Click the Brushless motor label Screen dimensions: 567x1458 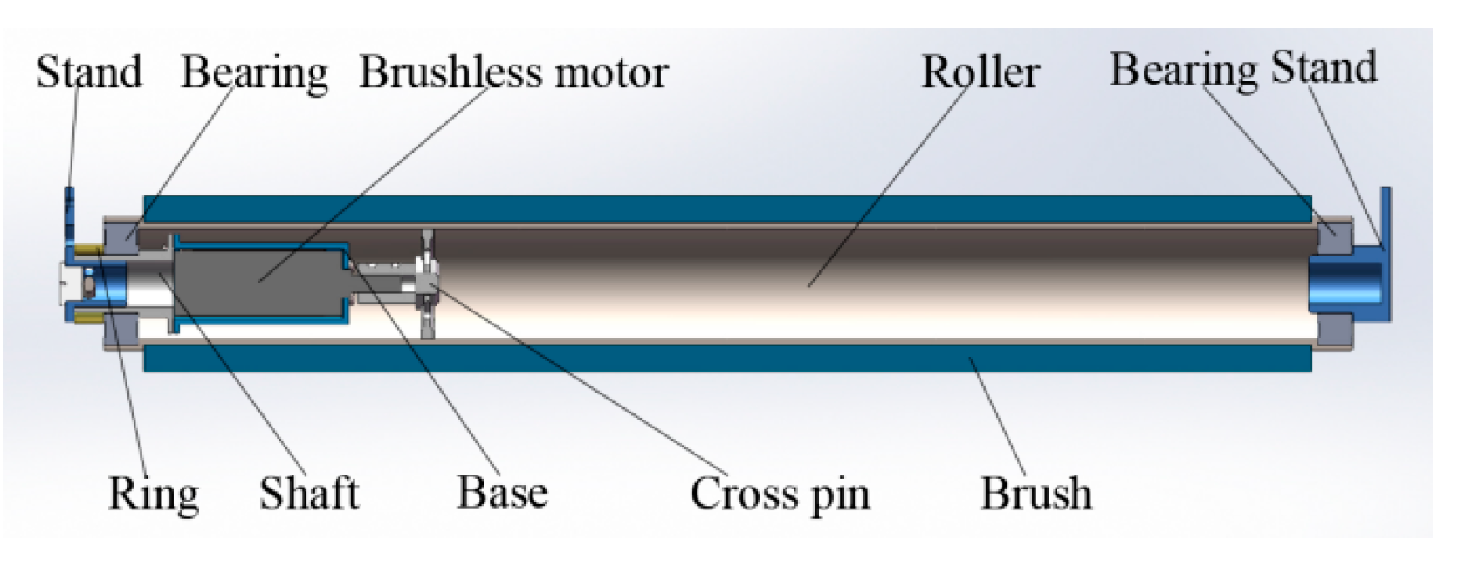[x=513, y=72]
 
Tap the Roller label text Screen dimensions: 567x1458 [x=980, y=72]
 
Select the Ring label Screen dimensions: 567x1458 [x=153, y=494]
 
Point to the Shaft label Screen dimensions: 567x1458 [x=308, y=494]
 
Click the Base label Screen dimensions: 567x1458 [x=502, y=493]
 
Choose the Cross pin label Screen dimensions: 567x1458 [x=780, y=495]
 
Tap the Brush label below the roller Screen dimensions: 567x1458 [x=1035, y=494]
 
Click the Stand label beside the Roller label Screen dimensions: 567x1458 [x=1324, y=67]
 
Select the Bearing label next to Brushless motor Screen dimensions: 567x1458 [x=254, y=72]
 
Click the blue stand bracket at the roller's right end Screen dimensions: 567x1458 [x=1384, y=253]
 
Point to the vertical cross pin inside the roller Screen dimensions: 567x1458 [x=427, y=283]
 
